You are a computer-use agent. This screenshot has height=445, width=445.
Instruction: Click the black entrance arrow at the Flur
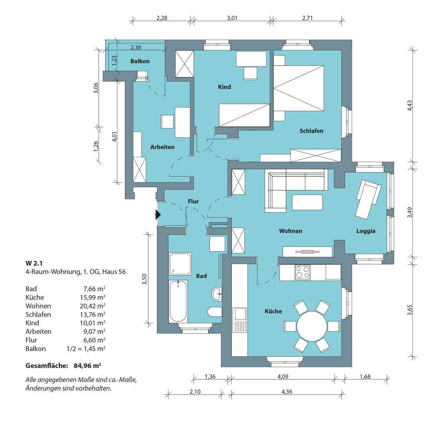(x=158, y=215)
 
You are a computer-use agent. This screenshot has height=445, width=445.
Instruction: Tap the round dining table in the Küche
(x=312, y=326)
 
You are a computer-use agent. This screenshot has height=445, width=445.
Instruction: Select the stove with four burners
(x=302, y=272)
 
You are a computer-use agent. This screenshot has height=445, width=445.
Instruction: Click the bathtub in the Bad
(x=178, y=302)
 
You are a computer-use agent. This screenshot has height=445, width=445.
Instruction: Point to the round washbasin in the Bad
(x=217, y=293)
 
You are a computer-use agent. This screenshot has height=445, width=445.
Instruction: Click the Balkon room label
(x=140, y=61)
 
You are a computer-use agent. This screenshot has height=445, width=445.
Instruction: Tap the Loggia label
(x=366, y=231)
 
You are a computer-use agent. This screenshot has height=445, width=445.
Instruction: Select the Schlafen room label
(x=311, y=131)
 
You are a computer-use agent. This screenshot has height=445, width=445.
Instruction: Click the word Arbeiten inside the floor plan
(x=163, y=147)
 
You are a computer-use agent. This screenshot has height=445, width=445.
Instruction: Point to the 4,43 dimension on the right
(x=409, y=106)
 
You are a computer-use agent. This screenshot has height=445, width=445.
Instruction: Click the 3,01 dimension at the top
(x=232, y=18)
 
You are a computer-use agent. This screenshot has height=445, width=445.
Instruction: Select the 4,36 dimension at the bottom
(x=287, y=392)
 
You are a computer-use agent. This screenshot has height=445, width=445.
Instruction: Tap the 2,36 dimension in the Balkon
(x=136, y=47)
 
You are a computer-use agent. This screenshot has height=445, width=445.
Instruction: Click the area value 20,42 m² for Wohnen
(x=93, y=306)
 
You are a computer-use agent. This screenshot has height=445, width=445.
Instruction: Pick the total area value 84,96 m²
(x=87, y=365)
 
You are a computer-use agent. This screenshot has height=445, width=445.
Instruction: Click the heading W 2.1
(x=34, y=263)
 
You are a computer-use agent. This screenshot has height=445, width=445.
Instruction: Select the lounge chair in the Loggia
(x=369, y=199)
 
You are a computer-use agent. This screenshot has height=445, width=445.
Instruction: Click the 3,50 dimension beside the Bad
(x=144, y=279)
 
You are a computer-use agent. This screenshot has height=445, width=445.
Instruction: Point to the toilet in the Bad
(x=215, y=311)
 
